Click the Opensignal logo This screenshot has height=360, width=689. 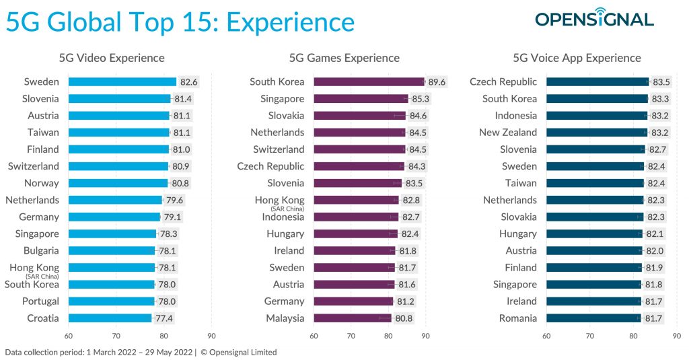(x=594, y=19)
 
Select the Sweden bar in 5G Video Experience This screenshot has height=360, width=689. (x=122, y=82)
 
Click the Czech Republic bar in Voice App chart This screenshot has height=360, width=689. (x=597, y=82)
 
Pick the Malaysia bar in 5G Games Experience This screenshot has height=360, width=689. (x=352, y=318)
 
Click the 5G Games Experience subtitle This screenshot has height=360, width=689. (x=344, y=58)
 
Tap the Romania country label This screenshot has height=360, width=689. (x=517, y=318)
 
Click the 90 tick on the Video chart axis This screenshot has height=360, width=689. (x=211, y=336)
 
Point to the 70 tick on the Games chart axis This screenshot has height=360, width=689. (x=351, y=336)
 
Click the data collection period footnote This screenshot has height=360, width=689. (x=141, y=352)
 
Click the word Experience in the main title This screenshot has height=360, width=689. (x=290, y=22)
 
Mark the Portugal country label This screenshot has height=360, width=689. (x=40, y=301)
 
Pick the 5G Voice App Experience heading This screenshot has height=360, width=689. (x=577, y=58)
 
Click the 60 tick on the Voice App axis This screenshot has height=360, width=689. (x=547, y=336)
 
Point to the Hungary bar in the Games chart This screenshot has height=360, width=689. (x=355, y=234)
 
